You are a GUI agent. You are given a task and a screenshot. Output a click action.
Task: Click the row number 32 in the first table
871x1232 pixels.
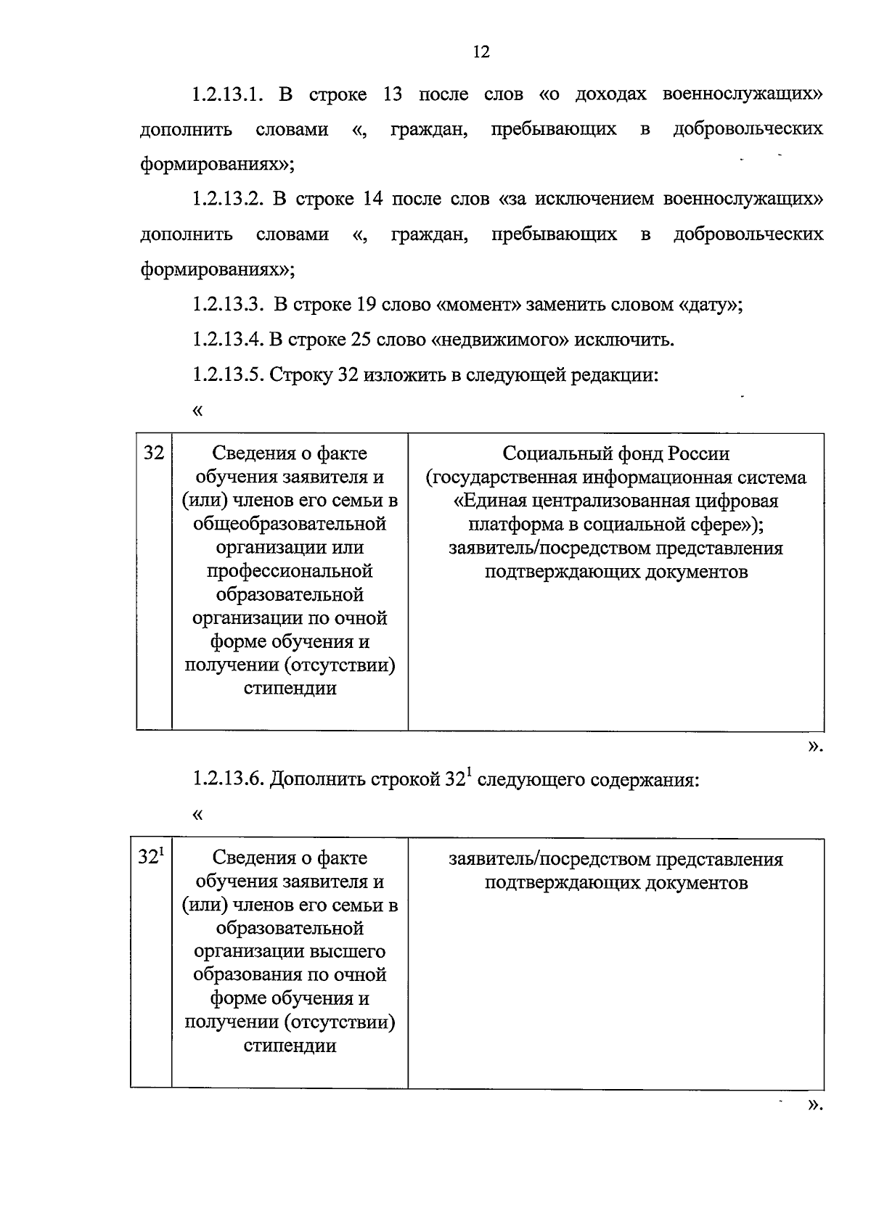(153, 453)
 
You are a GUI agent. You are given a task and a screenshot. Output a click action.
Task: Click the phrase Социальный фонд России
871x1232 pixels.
(616, 453)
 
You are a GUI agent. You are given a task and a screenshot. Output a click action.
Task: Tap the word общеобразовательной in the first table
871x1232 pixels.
(290, 524)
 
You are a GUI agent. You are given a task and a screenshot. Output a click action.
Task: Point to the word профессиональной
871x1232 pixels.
(290, 571)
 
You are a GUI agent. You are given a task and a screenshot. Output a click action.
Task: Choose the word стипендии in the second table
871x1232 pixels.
(290, 1046)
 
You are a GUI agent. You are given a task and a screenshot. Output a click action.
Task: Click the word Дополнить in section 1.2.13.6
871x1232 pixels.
(316, 779)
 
